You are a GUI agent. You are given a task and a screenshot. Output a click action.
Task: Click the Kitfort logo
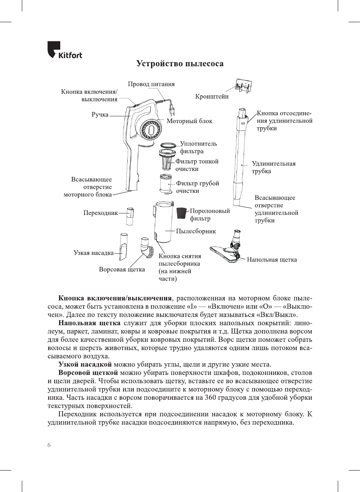click(64, 50)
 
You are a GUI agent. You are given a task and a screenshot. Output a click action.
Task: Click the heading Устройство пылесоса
click(180, 64)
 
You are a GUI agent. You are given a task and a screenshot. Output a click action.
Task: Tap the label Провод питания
click(151, 84)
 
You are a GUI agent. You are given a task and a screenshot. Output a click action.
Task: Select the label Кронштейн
click(212, 96)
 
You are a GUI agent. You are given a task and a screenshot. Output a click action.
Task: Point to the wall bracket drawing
click(244, 86)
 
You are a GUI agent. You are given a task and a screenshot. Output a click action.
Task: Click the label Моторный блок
click(189, 121)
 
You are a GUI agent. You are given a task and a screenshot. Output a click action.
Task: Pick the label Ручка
click(100, 114)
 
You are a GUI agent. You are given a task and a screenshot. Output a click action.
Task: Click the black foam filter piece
click(182, 213)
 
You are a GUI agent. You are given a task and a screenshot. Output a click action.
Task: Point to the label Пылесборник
click(196, 231)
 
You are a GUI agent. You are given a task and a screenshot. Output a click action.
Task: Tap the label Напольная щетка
click(272, 259)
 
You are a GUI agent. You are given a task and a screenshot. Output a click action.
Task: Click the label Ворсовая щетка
click(122, 270)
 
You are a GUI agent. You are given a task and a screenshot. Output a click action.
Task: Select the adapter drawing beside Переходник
click(130, 216)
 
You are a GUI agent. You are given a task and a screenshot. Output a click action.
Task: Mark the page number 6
click(49, 445)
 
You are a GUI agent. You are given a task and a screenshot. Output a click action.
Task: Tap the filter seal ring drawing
click(168, 145)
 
